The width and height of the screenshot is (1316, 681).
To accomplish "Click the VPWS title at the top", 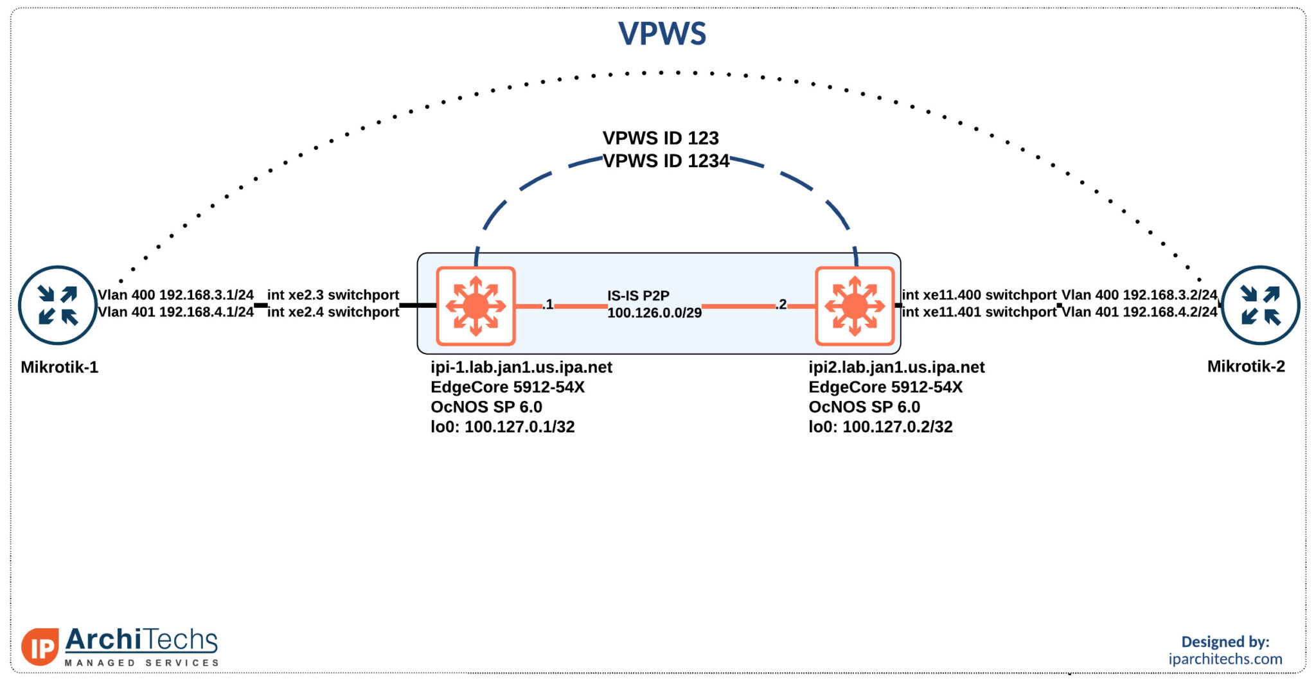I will (x=662, y=33).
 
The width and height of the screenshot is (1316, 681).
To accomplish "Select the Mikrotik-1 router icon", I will (x=58, y=305).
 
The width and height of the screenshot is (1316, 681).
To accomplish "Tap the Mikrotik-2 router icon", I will (x=1260, y=305).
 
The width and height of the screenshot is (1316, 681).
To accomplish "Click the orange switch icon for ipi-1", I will (x=476, y=306).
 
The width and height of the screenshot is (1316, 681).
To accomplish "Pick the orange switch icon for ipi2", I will (x=855, y=306).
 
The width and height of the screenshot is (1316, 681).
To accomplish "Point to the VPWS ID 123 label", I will (x=661, y=138).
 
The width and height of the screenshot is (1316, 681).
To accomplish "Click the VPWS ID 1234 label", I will (x=666, y=161).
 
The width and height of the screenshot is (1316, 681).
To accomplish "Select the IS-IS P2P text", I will (x=638, y=296).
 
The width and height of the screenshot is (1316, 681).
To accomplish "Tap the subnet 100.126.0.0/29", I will (x=654, y=313).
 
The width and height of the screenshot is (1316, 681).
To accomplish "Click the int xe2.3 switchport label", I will (x=333, y=295).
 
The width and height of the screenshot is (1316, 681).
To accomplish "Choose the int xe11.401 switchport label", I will (x=979, y=312).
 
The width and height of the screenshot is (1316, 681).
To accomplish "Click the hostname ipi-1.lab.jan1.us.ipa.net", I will (x=521, y=367).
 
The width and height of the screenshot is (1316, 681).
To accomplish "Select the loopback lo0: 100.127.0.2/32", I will (x=880, y=427).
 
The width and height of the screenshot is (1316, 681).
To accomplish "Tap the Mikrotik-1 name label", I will (x=59, y=367).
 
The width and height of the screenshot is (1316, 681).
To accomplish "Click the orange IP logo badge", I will (x=40, y=646).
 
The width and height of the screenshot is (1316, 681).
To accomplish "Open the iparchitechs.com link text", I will (x=1225, y=659).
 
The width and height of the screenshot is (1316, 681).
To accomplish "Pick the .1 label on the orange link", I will (x=547, y=305).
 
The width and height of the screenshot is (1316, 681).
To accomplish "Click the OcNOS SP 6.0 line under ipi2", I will (x=864, y=407).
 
